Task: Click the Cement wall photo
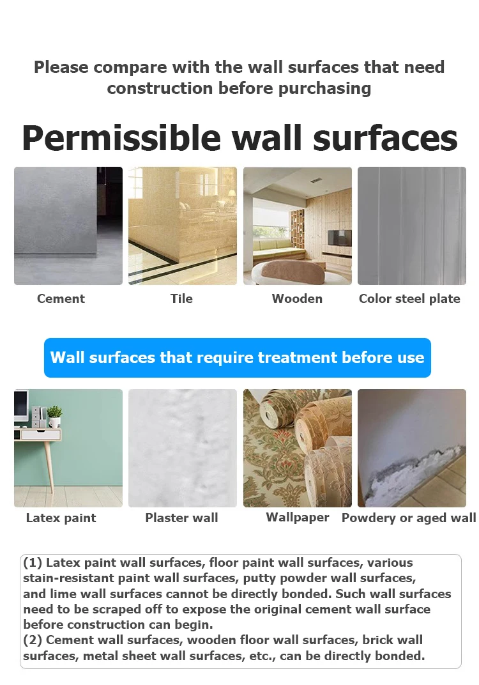[x=68, y=226]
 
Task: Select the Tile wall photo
[x=182, y=226]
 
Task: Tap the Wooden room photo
[x=297, y=226]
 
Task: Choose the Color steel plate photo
[x=411, y=226]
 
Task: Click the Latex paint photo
[x=68, y=448]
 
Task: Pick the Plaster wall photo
[x=182, y=448]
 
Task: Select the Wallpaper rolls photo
[x=297, y=448]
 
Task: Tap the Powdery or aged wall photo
[x=411, y=448]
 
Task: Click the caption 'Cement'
[x=61, y=298]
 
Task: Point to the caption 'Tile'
[x=181, y=298]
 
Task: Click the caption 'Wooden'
[x=297, y=298]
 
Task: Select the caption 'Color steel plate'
[x=409, y=298]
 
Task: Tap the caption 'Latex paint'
[x=61, y=518]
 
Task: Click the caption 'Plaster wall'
[x=181, y=518]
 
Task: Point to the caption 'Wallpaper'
[x=298, y=518]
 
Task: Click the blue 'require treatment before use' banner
[x=238, y=357]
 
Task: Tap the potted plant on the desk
[x=54, y=415]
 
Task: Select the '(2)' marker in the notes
[x=33, y=640]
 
